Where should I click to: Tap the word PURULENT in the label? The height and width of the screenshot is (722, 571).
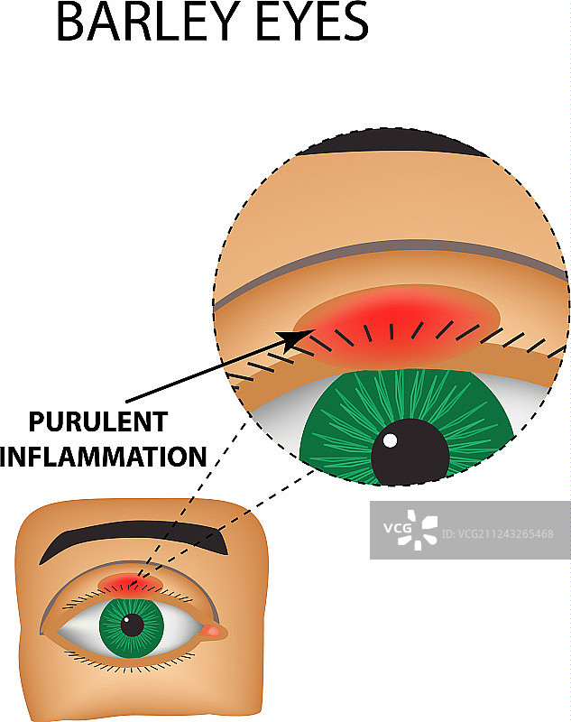[98, 422]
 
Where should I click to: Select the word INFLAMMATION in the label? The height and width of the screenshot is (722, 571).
[105, 457]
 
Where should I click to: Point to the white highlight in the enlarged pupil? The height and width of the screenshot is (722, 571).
[390, 441]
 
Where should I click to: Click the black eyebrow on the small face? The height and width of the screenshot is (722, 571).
[135, 539]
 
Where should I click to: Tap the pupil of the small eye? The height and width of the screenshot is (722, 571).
[134, 623]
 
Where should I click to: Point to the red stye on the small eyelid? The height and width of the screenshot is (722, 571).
[130, 583]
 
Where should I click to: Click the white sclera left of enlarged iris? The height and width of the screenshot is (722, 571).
[275, 424]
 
